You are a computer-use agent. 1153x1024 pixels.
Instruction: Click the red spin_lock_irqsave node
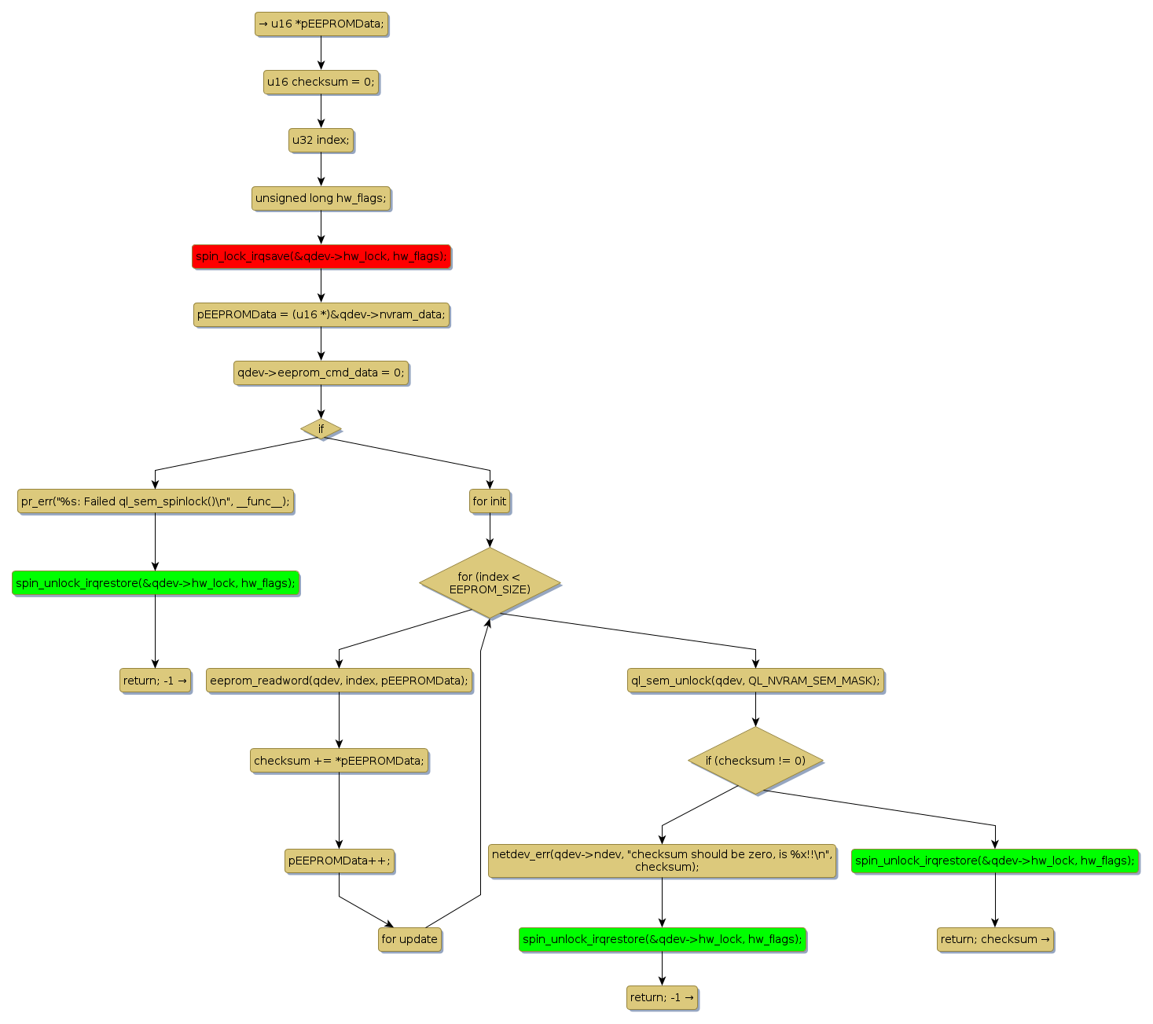[321, 256]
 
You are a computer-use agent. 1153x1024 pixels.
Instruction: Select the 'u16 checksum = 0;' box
[321, 82]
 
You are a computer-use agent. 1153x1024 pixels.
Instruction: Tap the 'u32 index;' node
[321, 140]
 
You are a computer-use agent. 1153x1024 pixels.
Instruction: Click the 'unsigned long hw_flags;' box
[321, 198]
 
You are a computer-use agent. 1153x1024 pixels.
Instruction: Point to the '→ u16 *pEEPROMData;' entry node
[321, 24]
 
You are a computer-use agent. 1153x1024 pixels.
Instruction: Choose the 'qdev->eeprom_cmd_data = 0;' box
[321, 373]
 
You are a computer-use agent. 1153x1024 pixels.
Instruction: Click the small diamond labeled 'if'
[321, 429]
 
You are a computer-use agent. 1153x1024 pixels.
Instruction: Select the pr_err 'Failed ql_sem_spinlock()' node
[155, 501]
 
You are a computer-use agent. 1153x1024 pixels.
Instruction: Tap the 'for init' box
[490, 501]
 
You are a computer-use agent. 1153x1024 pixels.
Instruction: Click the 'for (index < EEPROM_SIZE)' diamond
[490, 583]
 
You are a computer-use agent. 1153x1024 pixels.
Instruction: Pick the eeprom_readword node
[339, 681]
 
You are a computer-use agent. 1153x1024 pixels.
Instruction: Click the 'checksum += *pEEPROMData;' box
[339, 761]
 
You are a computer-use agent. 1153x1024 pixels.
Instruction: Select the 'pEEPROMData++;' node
[339, 861]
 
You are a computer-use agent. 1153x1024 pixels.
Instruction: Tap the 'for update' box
[409, 939]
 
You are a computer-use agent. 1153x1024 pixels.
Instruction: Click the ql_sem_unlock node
[755, 681]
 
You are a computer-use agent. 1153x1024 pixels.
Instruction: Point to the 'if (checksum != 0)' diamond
[755, 761]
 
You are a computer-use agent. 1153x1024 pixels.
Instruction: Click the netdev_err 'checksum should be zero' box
[662, 861]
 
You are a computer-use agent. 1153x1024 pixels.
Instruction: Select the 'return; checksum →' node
[995, 939]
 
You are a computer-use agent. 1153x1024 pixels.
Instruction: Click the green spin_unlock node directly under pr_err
[155, 583]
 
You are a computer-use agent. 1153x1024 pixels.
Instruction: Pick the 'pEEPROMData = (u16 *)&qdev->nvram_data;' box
[321, 314]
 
